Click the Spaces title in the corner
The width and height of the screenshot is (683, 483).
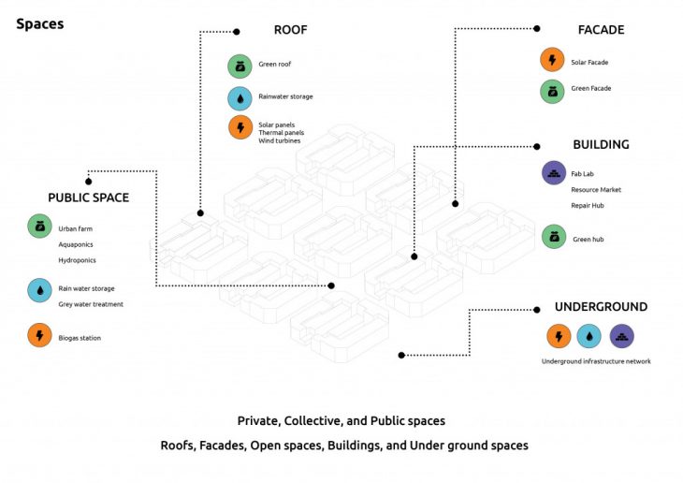pos(40,23)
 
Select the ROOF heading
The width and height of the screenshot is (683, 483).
pos(290,30)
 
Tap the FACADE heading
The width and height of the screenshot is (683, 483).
pos(600,30)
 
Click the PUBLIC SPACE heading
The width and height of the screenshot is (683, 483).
pos(89,198)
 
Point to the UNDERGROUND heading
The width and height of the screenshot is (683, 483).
pos(601,307)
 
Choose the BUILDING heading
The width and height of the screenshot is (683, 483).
pos(601,145)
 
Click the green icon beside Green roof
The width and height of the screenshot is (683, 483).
pos(240,66)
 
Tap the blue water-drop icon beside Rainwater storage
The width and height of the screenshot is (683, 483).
pos(240,97)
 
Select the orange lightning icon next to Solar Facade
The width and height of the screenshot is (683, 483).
pos(553,61)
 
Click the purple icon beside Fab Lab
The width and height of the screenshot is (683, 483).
pos(554,173)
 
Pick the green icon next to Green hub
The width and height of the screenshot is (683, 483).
pos(554,237)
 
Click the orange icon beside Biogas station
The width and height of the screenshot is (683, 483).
pos(40,335)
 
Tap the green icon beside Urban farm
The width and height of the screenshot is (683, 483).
pos(40,227)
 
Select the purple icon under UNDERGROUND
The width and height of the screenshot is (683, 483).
pos(622,336)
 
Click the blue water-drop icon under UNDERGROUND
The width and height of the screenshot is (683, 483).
pos(590,336)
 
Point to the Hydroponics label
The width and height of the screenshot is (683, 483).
pos(78,260)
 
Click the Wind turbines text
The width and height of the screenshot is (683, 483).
pos(281,140)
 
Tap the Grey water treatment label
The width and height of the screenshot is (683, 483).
pos(91,304)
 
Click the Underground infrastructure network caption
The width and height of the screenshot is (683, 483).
pos(595,361)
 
